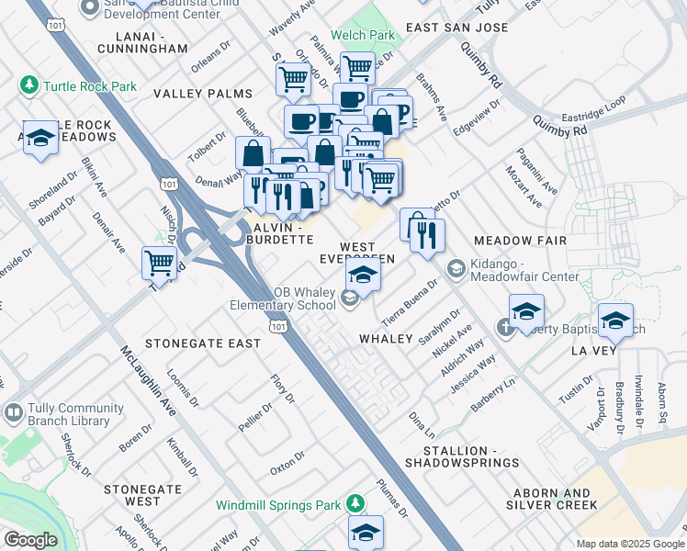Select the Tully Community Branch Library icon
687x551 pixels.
[13, 413]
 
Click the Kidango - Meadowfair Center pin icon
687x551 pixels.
[455, 267]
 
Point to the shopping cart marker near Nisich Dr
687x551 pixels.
[160, 263]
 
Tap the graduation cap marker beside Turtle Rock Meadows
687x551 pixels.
[40, 139]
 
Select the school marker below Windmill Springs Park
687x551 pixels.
[366, 532]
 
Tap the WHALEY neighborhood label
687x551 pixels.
[386, 339]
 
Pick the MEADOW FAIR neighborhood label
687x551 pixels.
[520, 240]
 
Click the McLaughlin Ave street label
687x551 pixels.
[148, 381]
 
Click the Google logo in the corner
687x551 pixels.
[30, 540]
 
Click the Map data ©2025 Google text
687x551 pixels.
[629, 544]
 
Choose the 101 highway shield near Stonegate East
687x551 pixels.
[276, 326]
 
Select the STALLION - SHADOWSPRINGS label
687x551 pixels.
[471, 456]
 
